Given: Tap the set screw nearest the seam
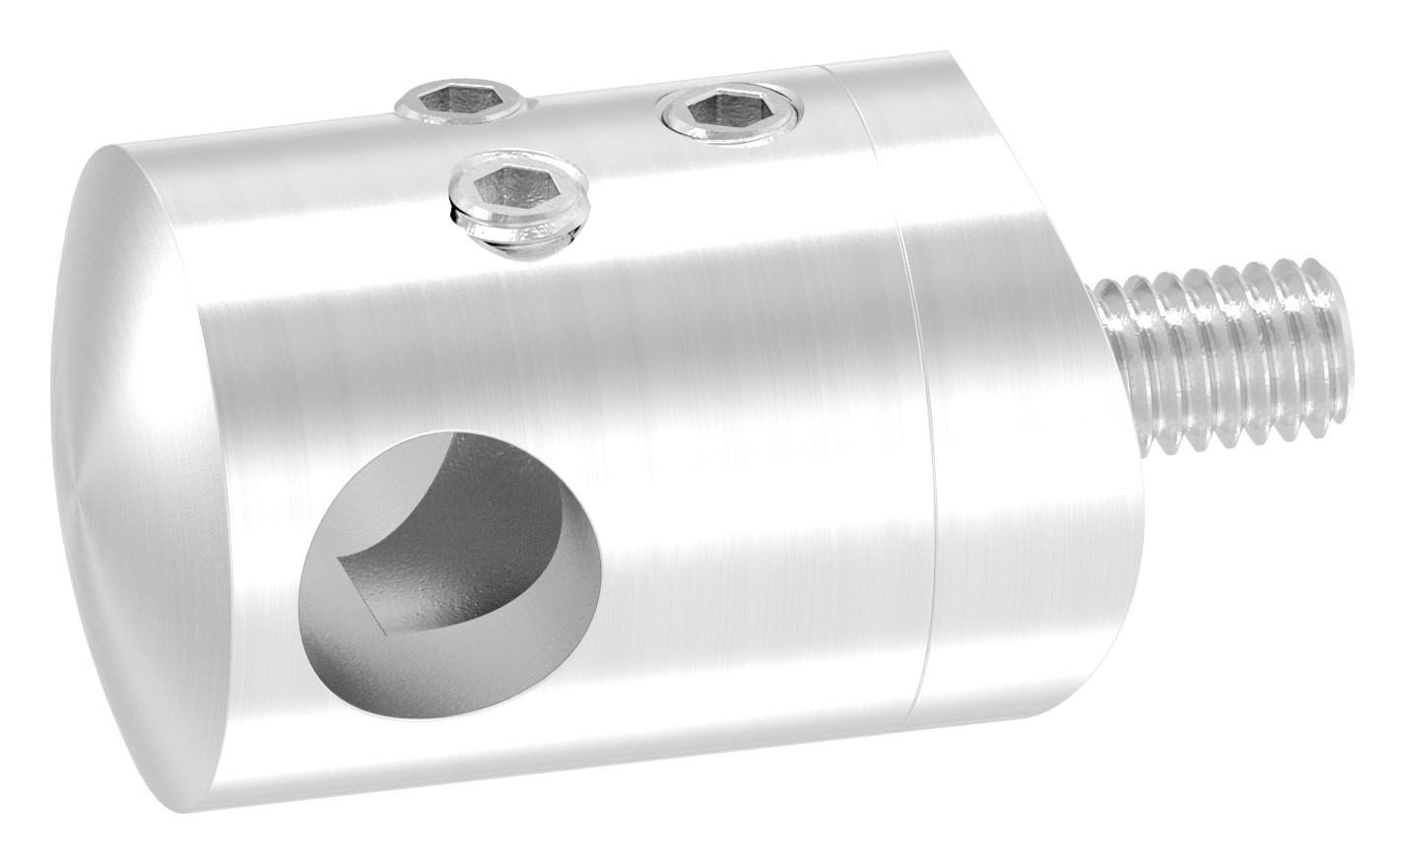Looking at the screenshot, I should click(729, 111).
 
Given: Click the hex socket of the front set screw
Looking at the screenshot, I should click(516, 183).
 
